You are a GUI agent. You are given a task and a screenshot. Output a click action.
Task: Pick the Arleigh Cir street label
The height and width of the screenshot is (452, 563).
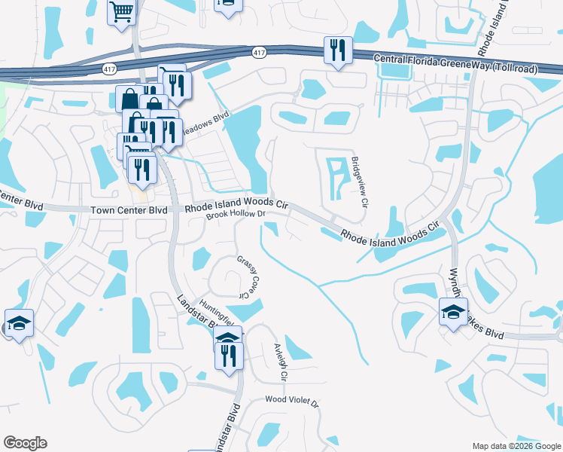click(278, 362)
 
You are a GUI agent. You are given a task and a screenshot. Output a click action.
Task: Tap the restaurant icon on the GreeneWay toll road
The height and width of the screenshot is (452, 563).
click(336, 50)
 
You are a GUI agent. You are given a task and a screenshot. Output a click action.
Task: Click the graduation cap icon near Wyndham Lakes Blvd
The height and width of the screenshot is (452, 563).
click(453, 312)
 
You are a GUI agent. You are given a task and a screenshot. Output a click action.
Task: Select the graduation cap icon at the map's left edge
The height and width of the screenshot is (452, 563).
click(19, 324)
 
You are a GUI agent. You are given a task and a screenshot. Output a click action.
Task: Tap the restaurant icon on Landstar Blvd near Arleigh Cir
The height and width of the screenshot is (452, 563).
click(230, 354)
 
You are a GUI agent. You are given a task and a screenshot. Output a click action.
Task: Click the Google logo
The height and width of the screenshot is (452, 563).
click(25, 443)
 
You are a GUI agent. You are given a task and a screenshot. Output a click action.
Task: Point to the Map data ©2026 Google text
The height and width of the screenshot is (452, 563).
click(516, 446)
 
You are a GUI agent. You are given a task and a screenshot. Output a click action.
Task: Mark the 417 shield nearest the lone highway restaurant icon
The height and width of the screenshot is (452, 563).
click(259, 52)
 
